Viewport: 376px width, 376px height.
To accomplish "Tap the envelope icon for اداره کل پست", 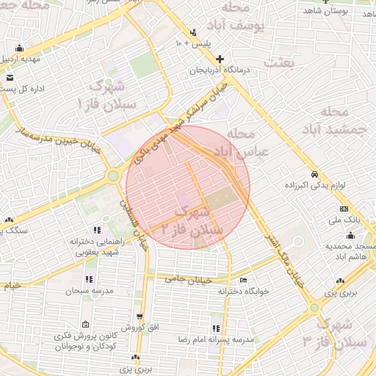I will pyautogui.click(x=9, y=77).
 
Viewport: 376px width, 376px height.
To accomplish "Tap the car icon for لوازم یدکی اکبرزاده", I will pyautogui.click(x=314, y=175).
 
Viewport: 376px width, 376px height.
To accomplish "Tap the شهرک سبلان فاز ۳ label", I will pyautogui.click(x=337, y=333).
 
